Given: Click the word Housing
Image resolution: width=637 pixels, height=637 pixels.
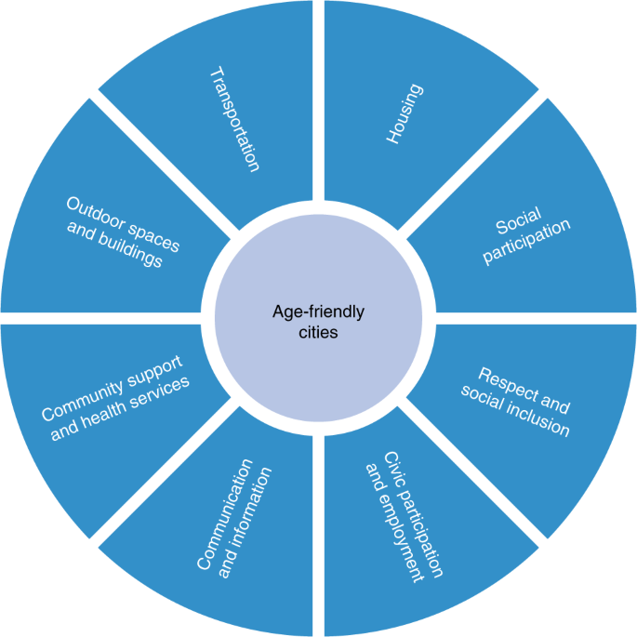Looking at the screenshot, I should tap(404, 114).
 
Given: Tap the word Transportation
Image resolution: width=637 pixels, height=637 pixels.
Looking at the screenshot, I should tap(232, 118).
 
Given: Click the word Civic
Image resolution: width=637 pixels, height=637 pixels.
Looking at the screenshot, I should tap(393, 469).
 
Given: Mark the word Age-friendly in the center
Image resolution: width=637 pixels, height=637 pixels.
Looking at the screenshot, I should tap(318, 312).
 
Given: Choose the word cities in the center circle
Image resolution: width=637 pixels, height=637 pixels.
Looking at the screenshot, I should tap(318, 331).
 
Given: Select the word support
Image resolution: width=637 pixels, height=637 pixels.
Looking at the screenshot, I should tap(150, 367).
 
